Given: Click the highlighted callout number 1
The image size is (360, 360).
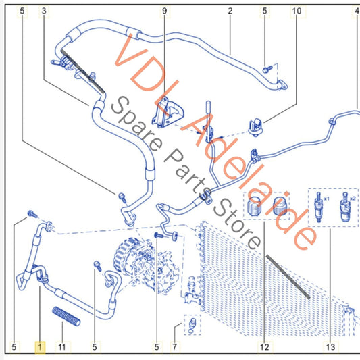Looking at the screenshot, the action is (x=40, y=347).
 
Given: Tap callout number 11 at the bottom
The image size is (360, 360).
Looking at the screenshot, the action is (x=62, y=347).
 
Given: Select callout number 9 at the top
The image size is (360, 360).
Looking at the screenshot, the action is (x=165, y=11).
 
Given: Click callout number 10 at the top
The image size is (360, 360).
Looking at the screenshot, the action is (x=297, y=11).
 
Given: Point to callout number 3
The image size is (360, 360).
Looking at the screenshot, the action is (x=44, y=11).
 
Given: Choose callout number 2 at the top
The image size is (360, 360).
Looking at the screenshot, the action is (x=230, y=11).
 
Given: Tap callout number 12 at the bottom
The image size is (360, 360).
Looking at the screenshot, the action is (x=264, y=347).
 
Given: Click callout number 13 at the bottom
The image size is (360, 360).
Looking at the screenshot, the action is (x=330, y=347).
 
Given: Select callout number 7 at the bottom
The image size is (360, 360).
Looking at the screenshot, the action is (x=175, y=347).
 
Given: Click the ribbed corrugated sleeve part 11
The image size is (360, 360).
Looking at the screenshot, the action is (x=66, y=316).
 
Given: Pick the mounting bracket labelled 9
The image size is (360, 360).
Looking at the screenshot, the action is (x=168, y=113).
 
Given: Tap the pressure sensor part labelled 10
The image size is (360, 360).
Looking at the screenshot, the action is (x=256, y=127).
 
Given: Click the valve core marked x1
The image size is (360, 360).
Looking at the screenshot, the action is (x=319, y=207).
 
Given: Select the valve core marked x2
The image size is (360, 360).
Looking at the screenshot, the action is (x=345, y=207).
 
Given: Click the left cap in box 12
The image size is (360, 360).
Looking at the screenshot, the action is (x=254, y=205).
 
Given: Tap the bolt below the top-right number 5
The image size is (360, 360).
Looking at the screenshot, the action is (x=267, y=69).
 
